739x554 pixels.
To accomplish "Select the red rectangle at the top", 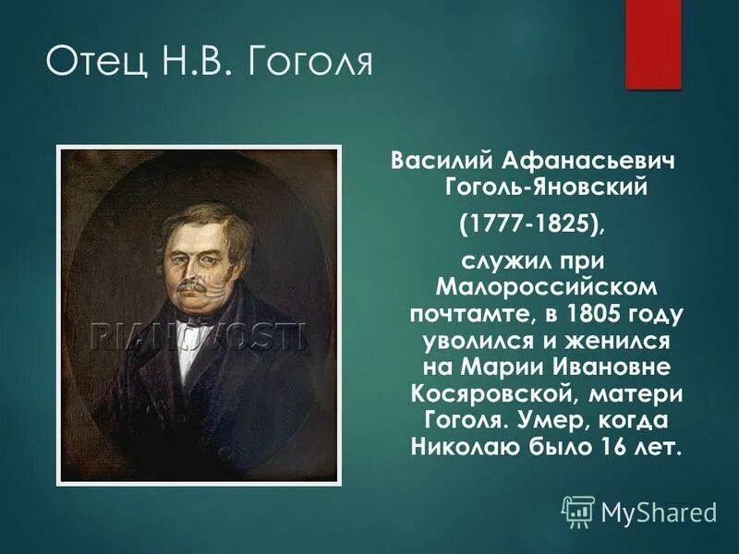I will pyautogui.click(x=653, y=43).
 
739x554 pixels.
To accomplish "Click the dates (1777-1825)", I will pyautogui.click(x=535, y=223).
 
